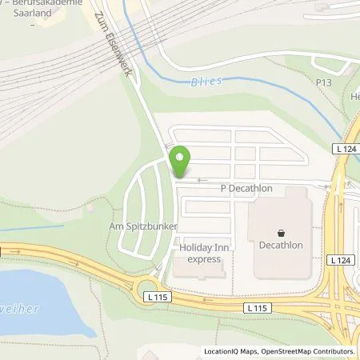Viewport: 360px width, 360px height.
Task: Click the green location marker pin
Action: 180,162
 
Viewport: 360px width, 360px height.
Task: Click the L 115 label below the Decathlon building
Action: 256,307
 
